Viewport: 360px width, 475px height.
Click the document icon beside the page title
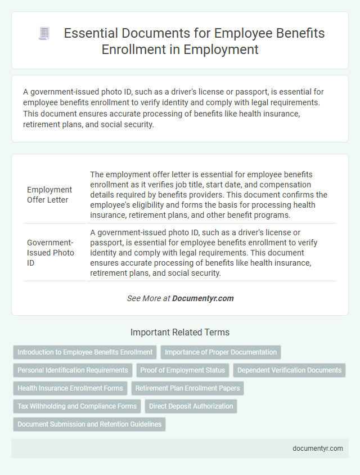pyautogui.click(x=44, y=33)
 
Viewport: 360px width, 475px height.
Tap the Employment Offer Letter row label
pyautogui.click(x=49, y=194)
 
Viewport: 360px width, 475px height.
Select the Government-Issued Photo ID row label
pyautogui.click(x=50, y=253)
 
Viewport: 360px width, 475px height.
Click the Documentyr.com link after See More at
pyautogui.click(x=203, y=298)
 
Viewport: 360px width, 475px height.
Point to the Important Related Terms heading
pyautogui.click(x=180, y=332)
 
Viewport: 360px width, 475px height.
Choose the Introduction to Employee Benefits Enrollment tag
pyautogui.click(x=85, y=352)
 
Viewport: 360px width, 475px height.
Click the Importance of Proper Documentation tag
pyautogui.click(x=220, y=352)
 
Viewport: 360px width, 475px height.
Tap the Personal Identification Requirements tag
pyautogui.click(x=73, y=370)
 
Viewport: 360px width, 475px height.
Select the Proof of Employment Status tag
pyautogui.click(x=183, y=370)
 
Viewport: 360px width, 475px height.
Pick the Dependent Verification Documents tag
pyautogui.click(x=289, y=370)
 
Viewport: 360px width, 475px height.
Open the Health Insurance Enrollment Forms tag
pyautogui.click(x=70, y=388)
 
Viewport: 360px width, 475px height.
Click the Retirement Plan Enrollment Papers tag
pyautogui.click(x=187, y=388)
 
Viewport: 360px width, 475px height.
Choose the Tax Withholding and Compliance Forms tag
pyautogui.click(x=77, y=406)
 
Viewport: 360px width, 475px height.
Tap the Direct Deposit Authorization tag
pyautogui.click(x=191, y=406)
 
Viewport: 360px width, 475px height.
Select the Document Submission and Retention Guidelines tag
pyautogui.click(x=89, y=424)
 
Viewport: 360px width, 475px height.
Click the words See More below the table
pyautogui.click(x=145, y=298)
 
